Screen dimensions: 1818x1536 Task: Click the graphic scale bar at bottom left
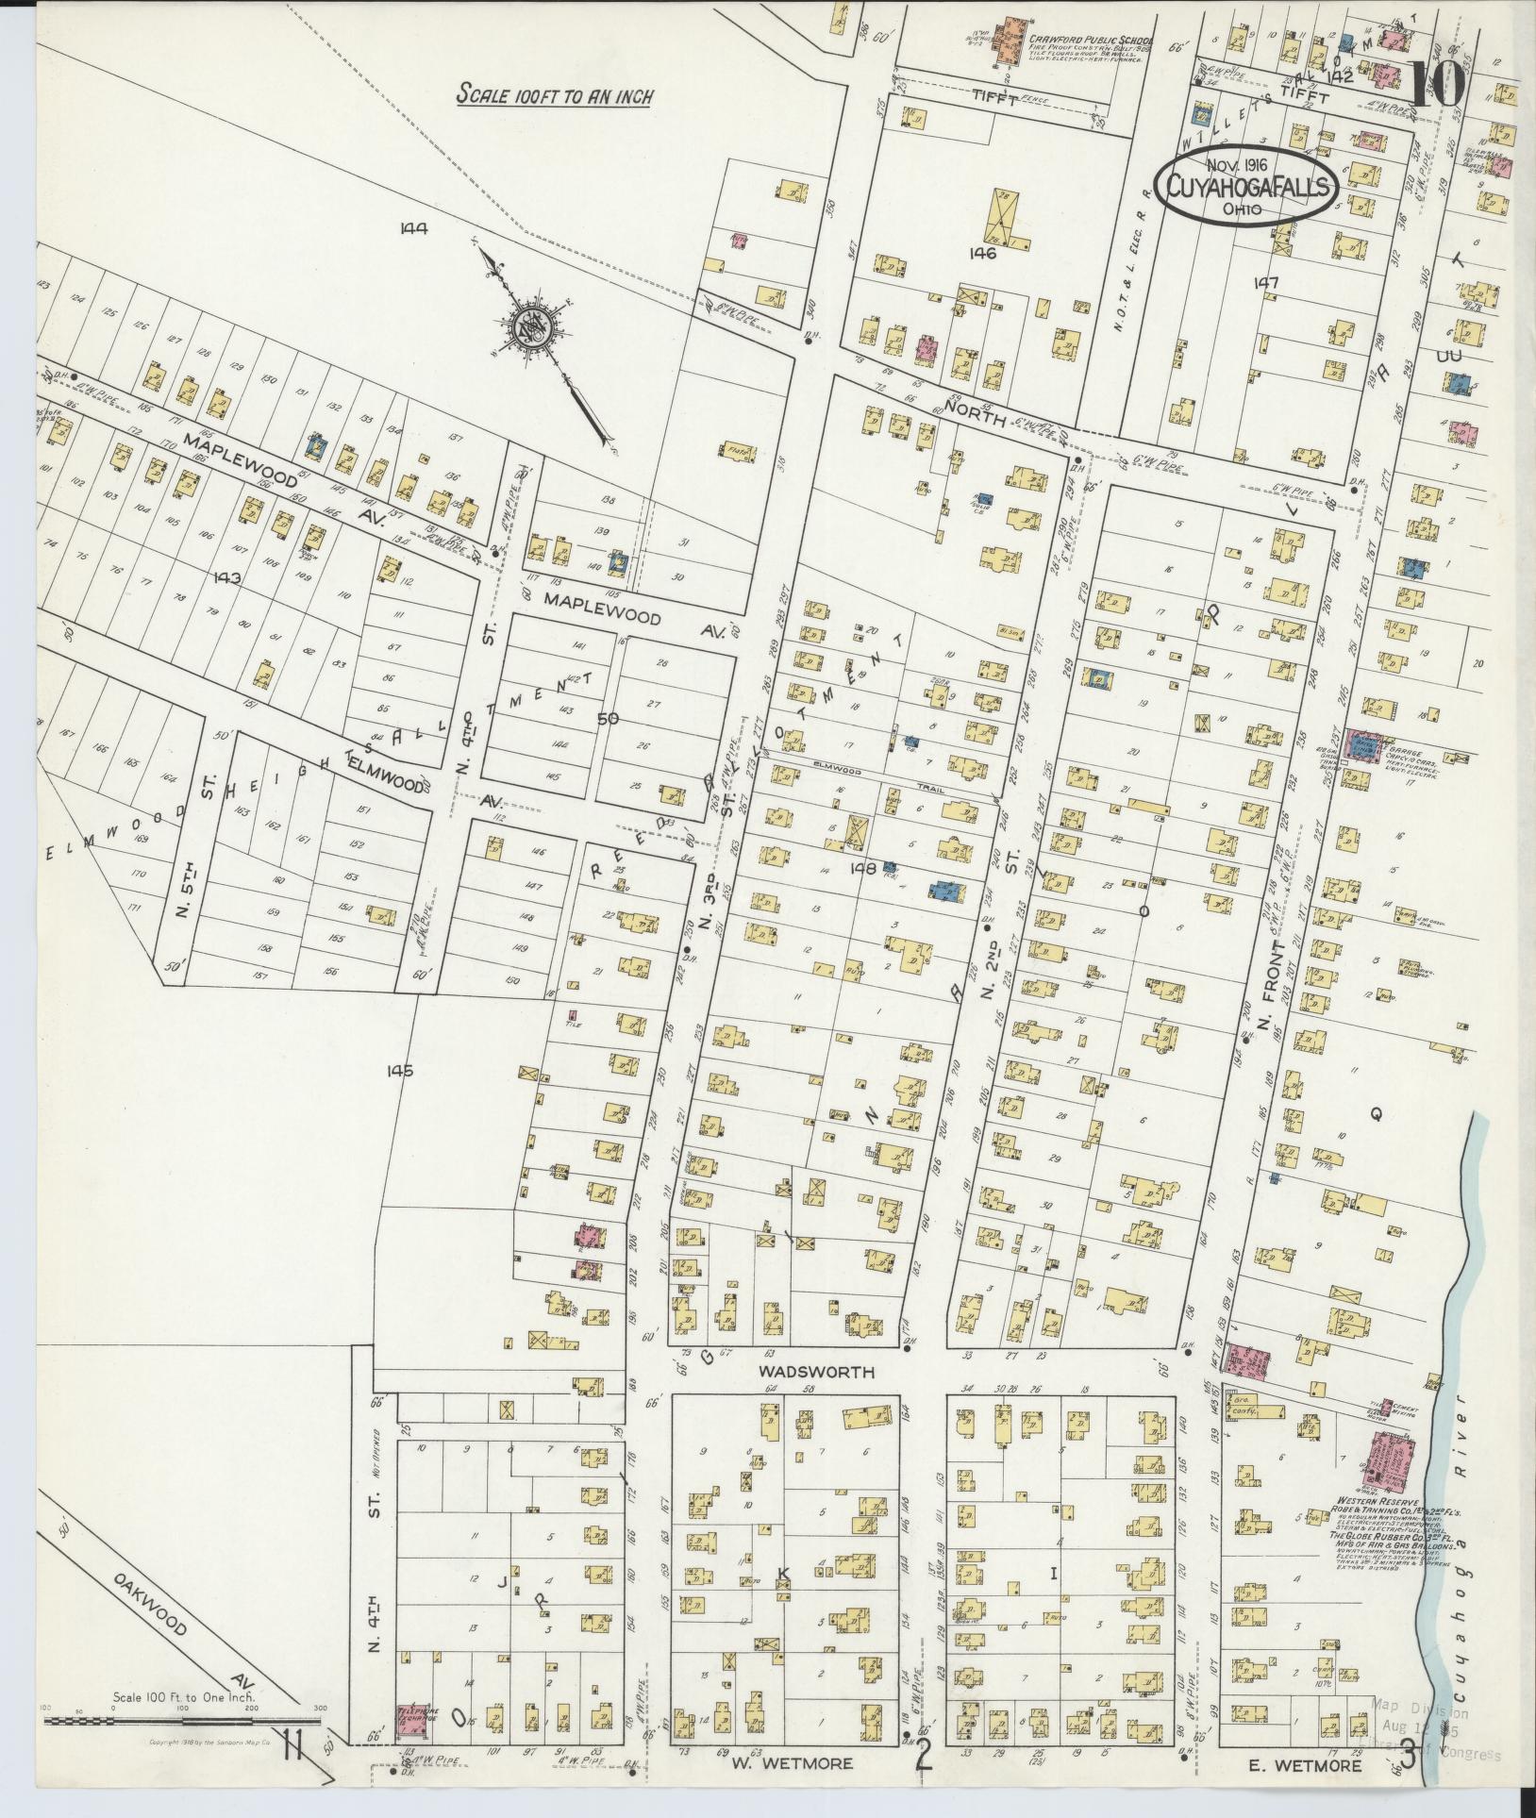[x=184, y=1721]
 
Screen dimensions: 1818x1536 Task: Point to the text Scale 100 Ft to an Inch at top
[x=554, y=95]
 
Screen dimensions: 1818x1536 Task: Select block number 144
[x=413, y=226]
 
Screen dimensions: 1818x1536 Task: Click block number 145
[x=400, y=1071]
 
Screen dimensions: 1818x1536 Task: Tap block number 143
[x=228, y=577]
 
